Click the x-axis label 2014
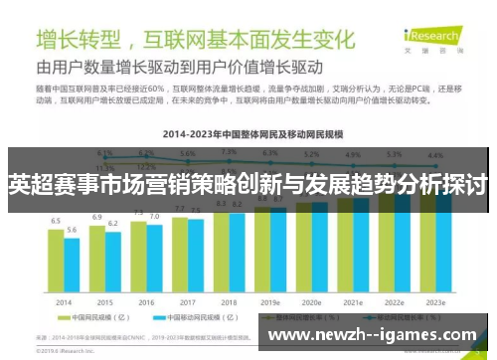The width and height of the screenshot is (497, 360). [x=64, y=302]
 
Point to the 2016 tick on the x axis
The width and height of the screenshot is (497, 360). [x=146, y=302]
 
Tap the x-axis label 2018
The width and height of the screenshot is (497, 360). [x=229, y=302]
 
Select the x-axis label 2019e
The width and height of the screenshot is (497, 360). [x=270, y=302]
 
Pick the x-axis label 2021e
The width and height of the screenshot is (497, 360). [x=353, y=302]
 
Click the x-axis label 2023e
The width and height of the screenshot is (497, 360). [x=434, y=302]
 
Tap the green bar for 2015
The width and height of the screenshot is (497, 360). [x=97, y=258]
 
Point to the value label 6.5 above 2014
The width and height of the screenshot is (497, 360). [x=56, y=221]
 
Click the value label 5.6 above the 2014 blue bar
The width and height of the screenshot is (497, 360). [x=72, y=230]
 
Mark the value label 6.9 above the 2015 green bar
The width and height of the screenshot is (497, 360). [x=97, y=216]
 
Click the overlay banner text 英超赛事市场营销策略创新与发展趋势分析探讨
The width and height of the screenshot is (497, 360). [x=248, y=185]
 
